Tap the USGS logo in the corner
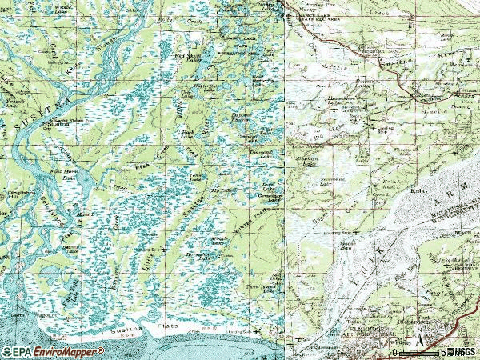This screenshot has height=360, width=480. [x=463, y=351]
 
